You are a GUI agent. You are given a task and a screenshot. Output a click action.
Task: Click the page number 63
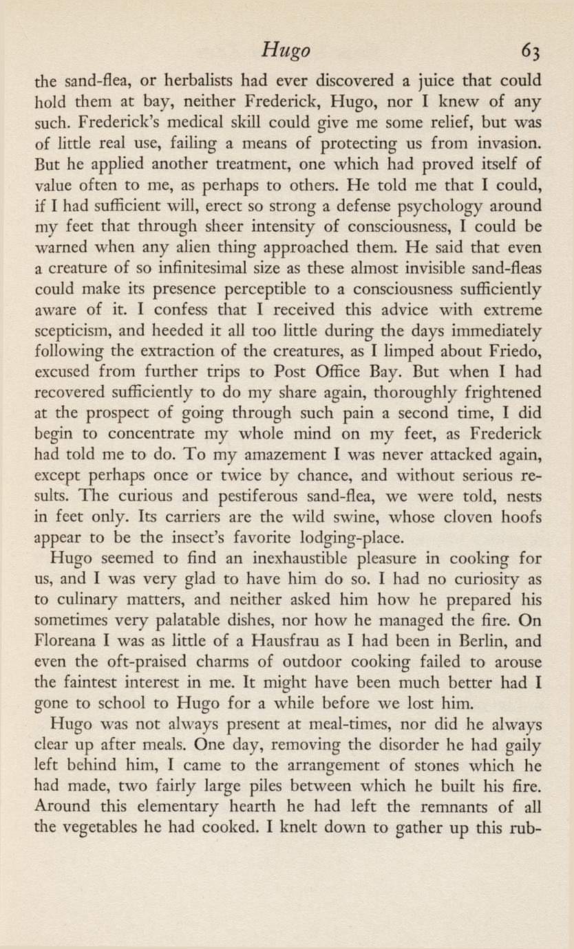pos(531,52)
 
